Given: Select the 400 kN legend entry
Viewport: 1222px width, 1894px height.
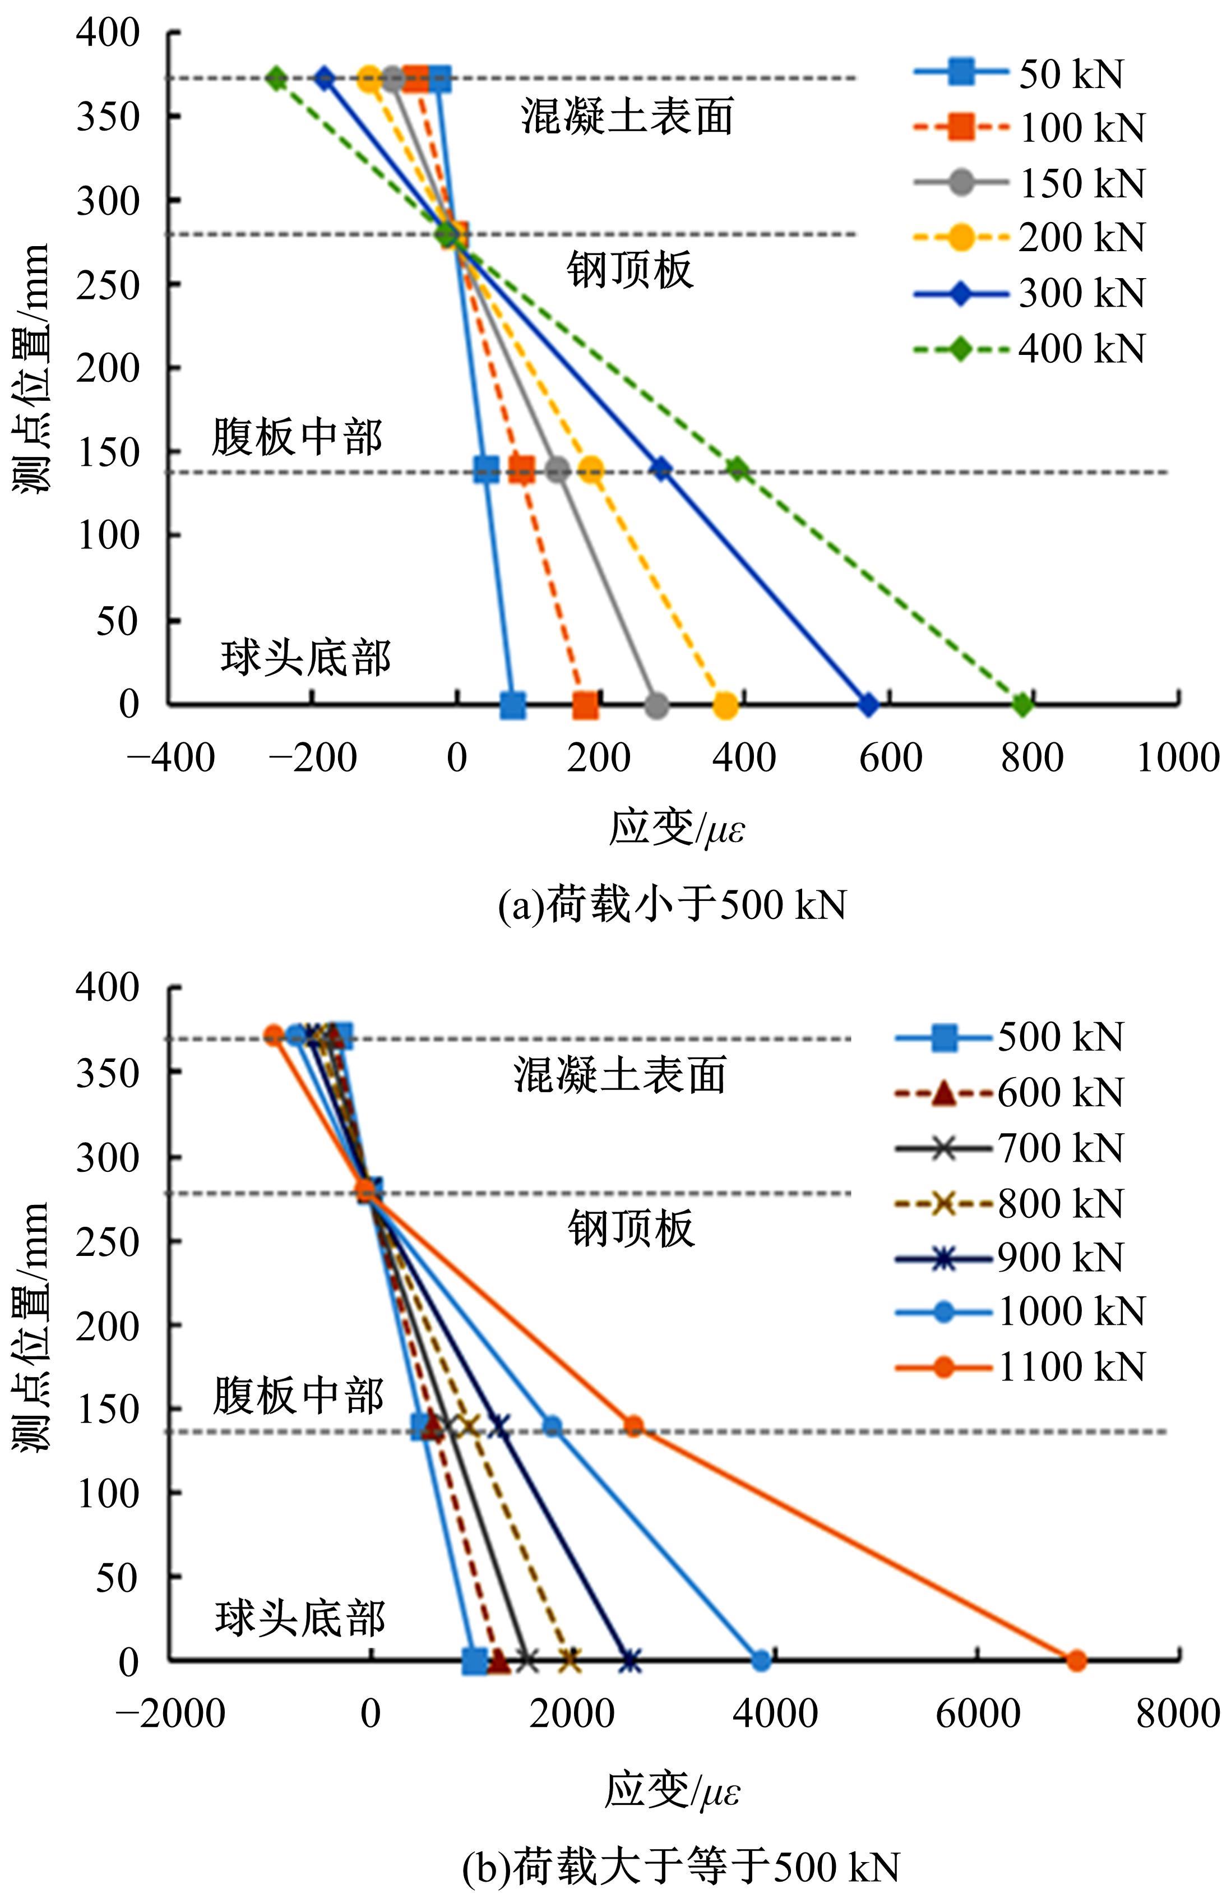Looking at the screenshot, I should pos(1031,349).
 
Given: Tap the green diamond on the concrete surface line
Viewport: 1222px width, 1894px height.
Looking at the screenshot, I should pos(276,78).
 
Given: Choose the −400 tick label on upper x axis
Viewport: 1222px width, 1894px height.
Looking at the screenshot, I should pos(170,757).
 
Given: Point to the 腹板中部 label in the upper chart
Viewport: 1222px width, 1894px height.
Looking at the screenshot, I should pos(297,437).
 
